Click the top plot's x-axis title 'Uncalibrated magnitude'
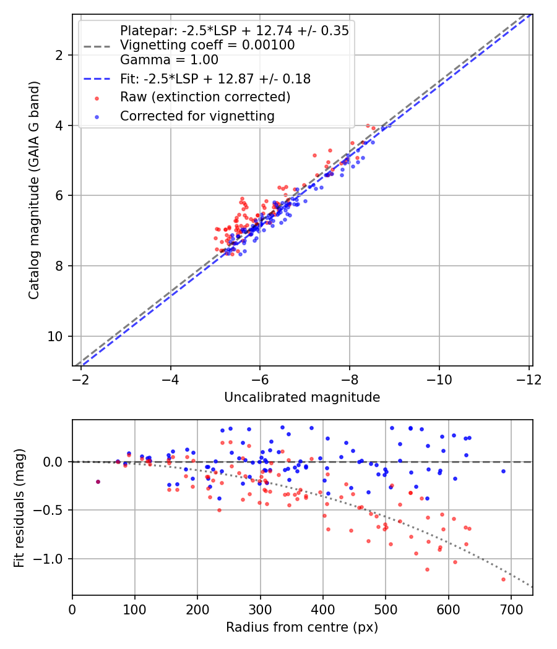tap(302, 397)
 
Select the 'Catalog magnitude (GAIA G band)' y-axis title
tap(33, 190)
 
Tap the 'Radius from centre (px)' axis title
tap(302, 627)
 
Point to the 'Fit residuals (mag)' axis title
tap(19, 507)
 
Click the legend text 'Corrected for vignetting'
tap(197, 116)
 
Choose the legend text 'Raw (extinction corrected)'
tap(205, 97)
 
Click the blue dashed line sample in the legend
tap(97, 79)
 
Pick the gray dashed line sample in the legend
tap(97, 46)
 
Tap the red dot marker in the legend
tap(97, 98)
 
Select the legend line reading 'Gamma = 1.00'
tap(169, 60)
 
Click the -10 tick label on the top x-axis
tap(439, 380)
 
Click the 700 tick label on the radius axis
tap(511, 609)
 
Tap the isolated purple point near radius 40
tap(98, 481)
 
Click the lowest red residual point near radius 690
tap(504, 580)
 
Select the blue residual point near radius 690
tap(504, 472)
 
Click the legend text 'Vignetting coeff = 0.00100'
tap(207, 45)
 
